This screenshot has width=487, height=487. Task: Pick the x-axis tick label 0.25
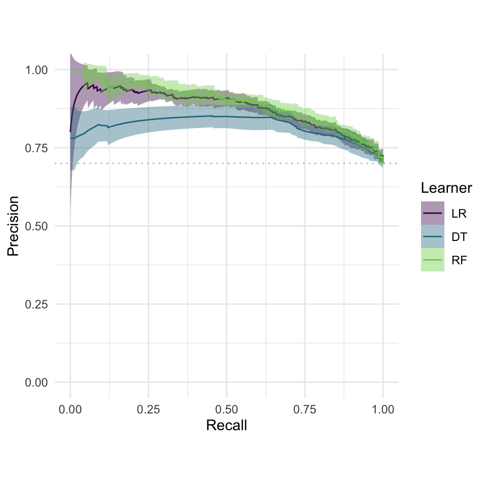click(148, 408)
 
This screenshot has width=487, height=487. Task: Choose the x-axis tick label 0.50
click(227, 408)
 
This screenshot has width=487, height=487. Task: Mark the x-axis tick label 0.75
click(305, 408)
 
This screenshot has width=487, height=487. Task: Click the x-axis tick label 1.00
click(383, 408)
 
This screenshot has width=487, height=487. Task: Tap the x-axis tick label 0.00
click(70, 408)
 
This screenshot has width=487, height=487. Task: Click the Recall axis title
click(227, 425)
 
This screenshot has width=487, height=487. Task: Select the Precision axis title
click(14, 226)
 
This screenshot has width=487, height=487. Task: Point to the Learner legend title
click(446, 189)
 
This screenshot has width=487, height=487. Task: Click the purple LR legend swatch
click(432, 213)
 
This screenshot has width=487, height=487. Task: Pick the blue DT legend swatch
click(432, 236)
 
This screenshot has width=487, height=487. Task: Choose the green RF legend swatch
click(432, 260)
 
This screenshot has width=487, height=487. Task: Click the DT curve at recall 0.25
click(148, 119)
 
